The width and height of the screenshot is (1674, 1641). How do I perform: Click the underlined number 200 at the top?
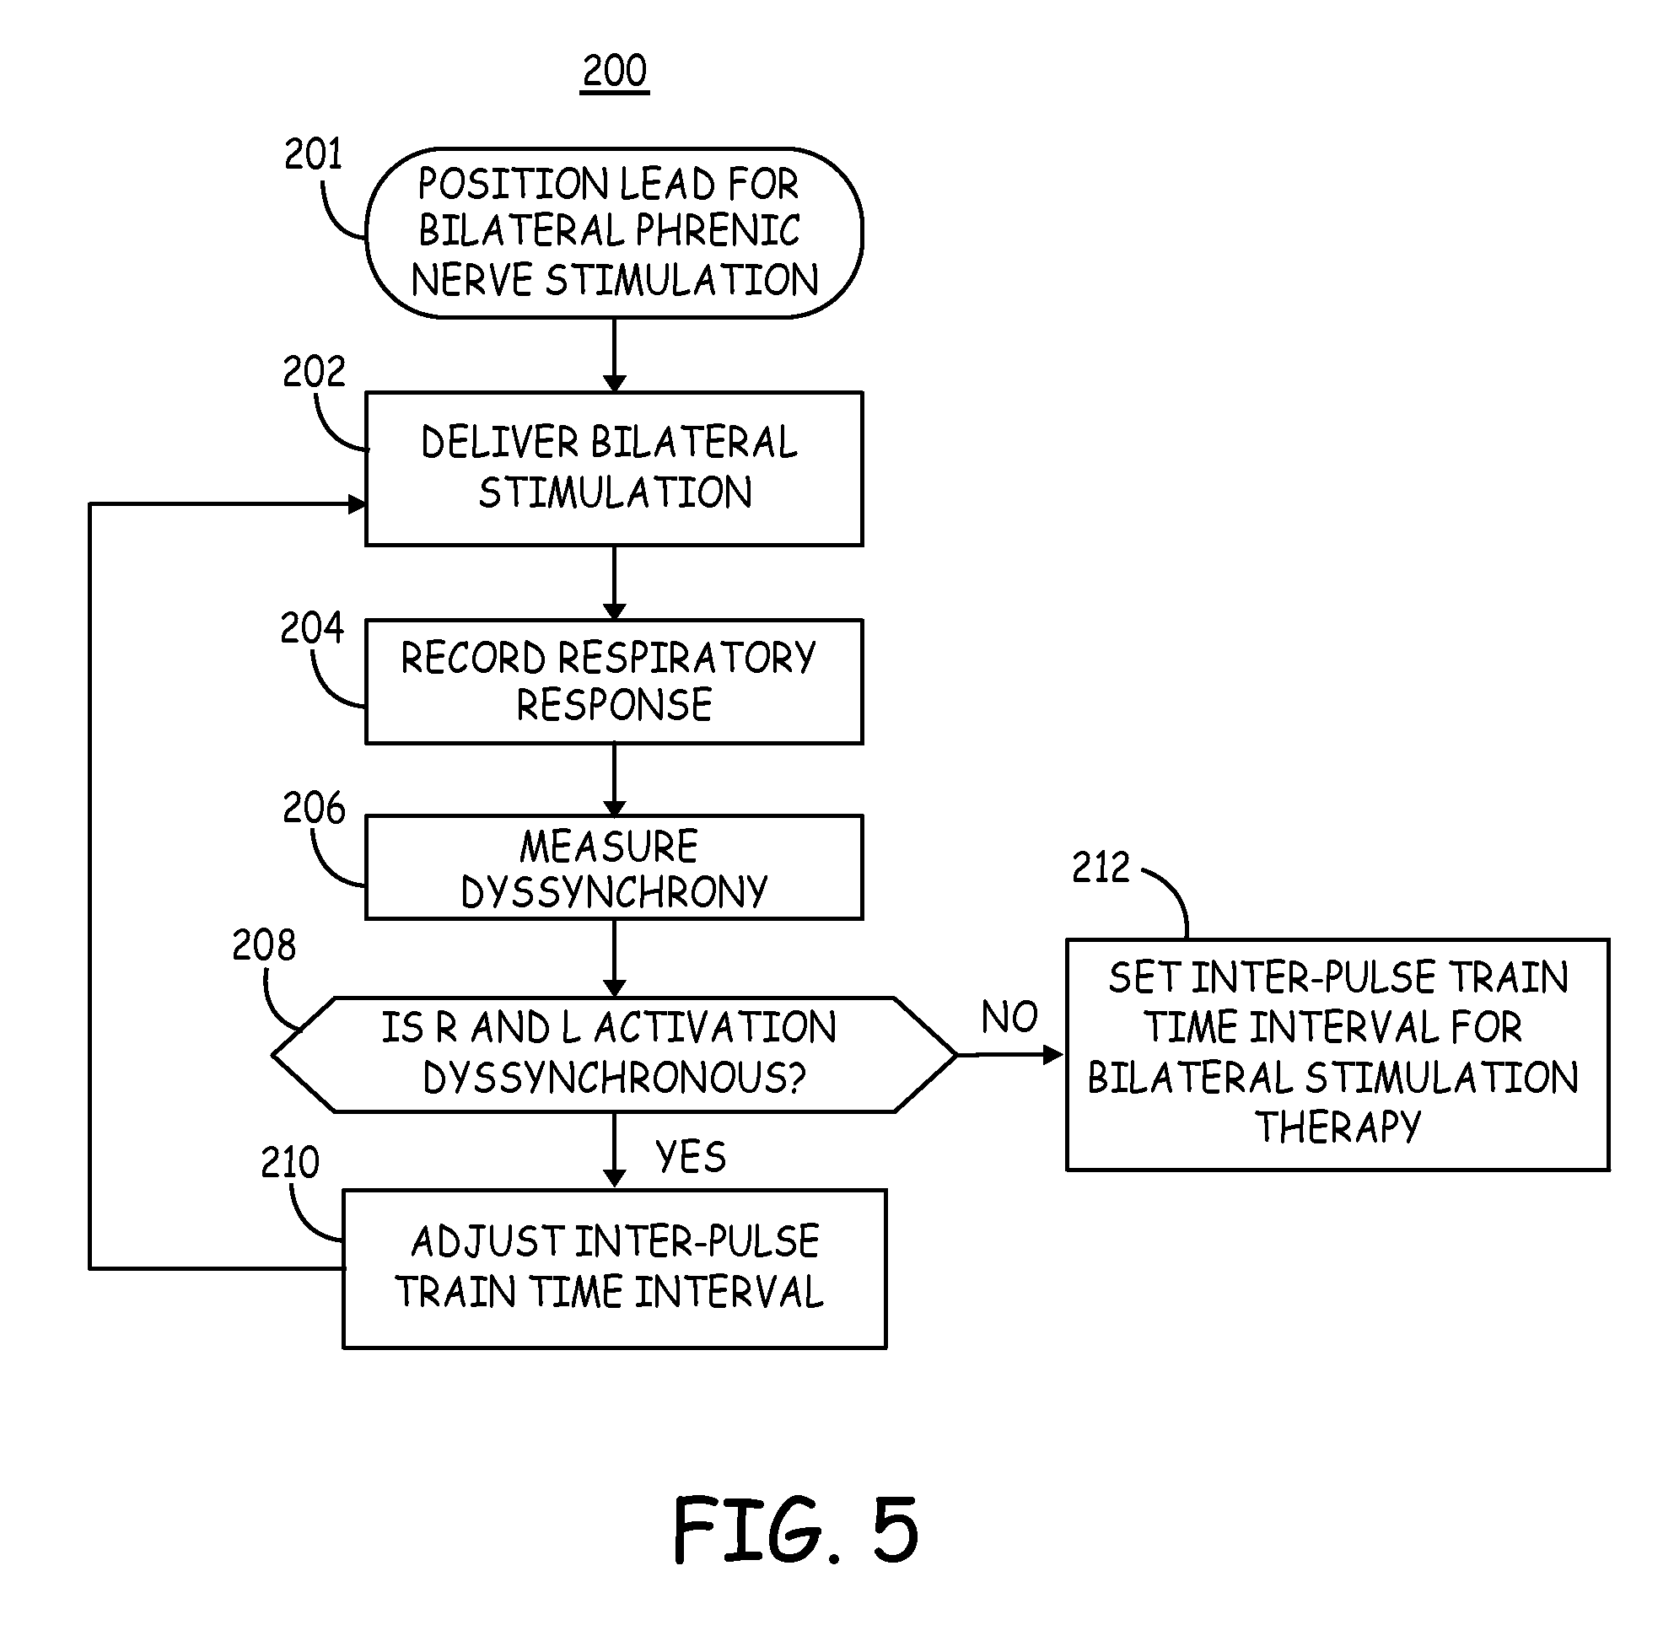(x=614, y=71)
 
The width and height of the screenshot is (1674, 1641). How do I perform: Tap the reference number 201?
(x=313, y=154)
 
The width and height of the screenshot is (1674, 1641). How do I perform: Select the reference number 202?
(x=313, y=372)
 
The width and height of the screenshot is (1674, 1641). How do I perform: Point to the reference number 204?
(x=311, y=627)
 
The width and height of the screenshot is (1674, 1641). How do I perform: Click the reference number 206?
(x=313, y=809)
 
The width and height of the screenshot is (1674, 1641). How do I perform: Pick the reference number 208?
(x=263, y=945)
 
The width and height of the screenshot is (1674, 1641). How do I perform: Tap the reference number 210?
(x=289, y=1163)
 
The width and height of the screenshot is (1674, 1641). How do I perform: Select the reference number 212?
(x=1100, y=867)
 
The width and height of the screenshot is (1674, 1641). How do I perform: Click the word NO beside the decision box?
(x=1009, y=1018)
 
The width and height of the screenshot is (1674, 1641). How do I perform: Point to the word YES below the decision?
(x=690, y=1157)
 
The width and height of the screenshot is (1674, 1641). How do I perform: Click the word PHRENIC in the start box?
(x=717, y=231)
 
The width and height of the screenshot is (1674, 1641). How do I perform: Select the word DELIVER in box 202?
(x=499, y=443)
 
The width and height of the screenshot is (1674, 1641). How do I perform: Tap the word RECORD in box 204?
(x=473, y=659)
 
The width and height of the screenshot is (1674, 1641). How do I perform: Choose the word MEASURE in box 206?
(x=609, y=847)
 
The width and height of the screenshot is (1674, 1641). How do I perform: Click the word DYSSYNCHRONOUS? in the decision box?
(x=614, y=1079)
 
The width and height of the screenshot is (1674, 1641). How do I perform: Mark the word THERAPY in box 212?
(x=1337, y=1127)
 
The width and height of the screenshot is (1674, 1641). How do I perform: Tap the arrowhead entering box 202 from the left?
(x=356, y=504)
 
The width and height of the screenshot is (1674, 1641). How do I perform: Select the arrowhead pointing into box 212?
(x=1053, y=1054)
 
